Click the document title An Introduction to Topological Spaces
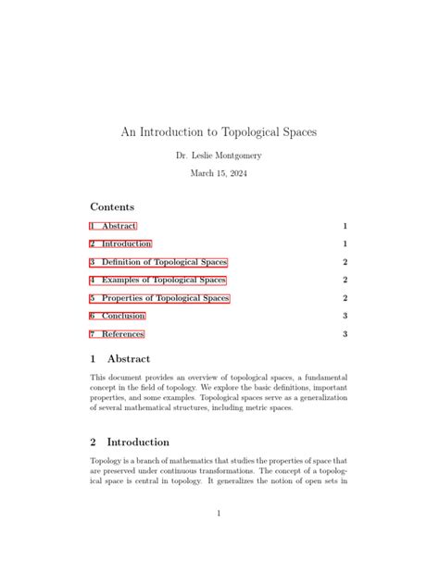point(219,132)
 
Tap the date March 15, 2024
point(219,173)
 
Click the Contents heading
point(112,207)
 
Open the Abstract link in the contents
point(113,226)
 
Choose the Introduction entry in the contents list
point(120,244)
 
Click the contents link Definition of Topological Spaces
point(158,262)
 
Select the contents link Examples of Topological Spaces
point(157,280)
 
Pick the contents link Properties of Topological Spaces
point(159,298)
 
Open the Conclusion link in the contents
point(117,317)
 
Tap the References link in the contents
point(117,334)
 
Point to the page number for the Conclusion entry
point(345,317)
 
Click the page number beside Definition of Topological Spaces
point(345,262)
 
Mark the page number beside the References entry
point(345,334)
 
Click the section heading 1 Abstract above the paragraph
point(120,358)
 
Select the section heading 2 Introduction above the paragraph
point(130,442)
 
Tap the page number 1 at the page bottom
point(219,513)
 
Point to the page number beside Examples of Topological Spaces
point(345,280)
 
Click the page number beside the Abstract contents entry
point(345,226)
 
